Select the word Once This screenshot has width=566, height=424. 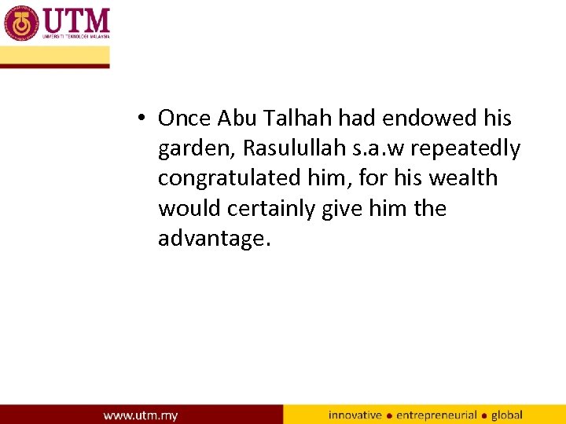(185, 119)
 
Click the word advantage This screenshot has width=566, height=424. (213, 239)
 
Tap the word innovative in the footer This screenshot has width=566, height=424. (355, 414)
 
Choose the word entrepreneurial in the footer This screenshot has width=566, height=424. (437, 414)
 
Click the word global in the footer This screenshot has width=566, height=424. (507, 414)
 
